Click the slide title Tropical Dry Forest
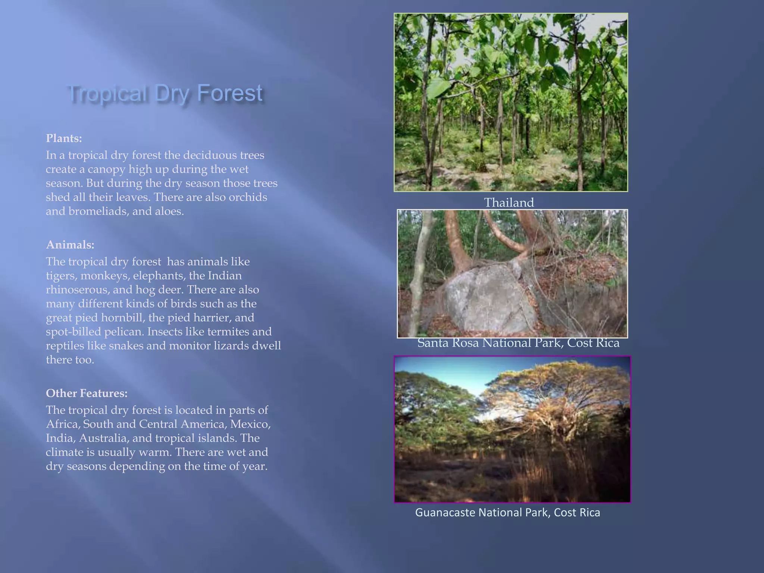pos(166,93)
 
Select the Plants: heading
pos(64,138)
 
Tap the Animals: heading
pos(70,245)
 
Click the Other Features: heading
pos(87,393)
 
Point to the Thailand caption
pos(509,203)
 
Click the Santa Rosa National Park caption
pos(518,343)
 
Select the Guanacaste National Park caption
pos(507,513)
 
